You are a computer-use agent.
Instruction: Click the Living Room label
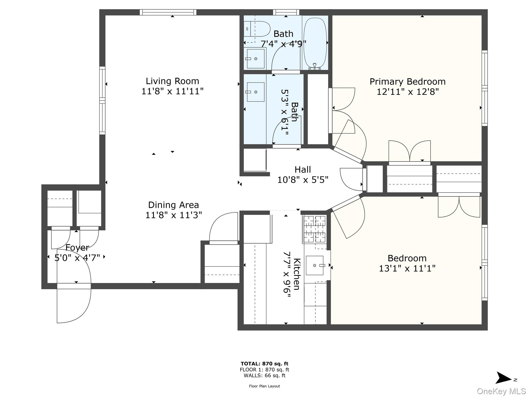[172, 81]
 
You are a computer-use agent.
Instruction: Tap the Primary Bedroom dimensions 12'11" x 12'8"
[408, 92]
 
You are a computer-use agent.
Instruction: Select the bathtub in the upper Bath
[315, 43]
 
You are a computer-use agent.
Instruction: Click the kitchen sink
[315, 265]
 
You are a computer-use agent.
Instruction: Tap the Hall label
[303, 170]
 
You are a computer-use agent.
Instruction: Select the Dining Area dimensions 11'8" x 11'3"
[174, 215]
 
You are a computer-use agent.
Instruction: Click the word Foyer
[77, 248]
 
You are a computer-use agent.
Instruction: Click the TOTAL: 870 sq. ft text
[264, 364]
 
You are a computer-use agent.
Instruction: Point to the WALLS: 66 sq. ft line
[264, 376]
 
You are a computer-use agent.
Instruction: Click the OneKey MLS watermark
[501, 391]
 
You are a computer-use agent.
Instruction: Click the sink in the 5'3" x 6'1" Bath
[255, 92]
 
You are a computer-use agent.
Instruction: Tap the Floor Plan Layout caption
[264, 386]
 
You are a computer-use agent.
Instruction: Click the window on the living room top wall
[168, 12]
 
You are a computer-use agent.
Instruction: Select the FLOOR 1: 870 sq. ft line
[264, 370]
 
